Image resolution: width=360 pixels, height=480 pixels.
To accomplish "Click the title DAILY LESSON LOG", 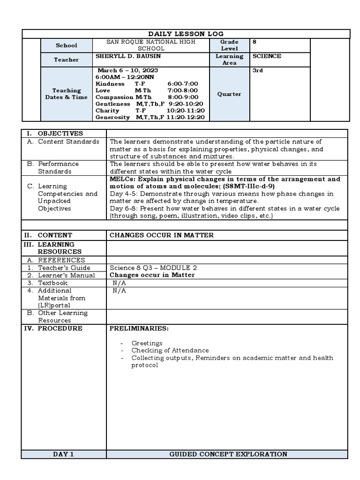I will [x=186, y=34].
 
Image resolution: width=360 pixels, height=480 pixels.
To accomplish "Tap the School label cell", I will [x=67, y=45].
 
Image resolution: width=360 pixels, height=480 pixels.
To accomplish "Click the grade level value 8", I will [x=255, y=42].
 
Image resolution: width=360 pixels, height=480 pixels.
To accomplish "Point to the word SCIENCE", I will [x=267, y=56].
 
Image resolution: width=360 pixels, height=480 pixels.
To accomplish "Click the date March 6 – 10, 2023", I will [x=120, y=70].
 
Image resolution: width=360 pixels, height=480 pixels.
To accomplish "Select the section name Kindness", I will [x=110, y=83].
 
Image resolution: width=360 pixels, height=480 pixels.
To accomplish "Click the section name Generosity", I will [x=112, y=117].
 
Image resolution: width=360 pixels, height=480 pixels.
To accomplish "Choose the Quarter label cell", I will [x=229, y=94].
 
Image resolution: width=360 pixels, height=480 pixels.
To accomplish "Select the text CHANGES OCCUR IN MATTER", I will [x=161, y=235].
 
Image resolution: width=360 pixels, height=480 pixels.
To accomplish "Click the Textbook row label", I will [x=52, y=283].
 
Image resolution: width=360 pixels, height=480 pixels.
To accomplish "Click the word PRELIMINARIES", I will [x=138, y=329].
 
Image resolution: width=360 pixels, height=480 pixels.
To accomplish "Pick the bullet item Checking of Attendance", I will [x=170, y=350].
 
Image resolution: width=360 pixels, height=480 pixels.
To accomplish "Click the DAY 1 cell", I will [x=63, y=454].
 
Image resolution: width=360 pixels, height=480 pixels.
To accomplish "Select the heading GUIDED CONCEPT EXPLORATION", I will [x=228, y=454].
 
